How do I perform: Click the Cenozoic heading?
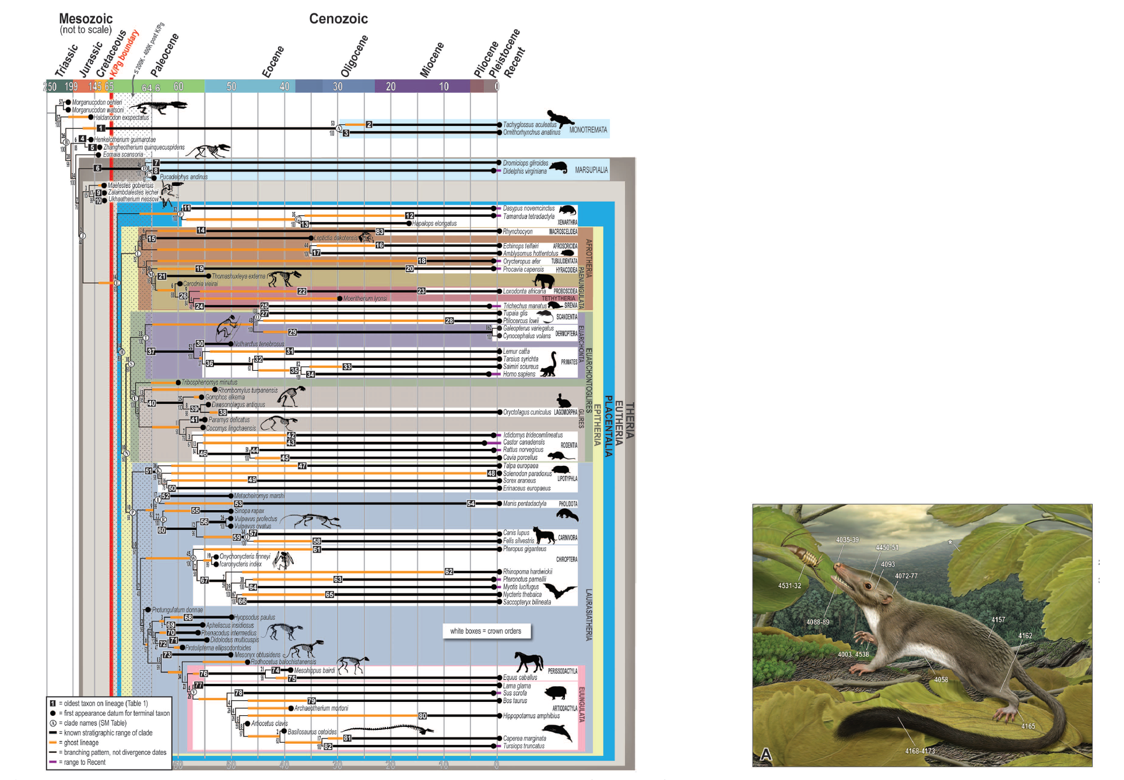point(338,19)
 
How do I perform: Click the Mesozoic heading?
point(86,19)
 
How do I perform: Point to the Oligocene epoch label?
point(354,56)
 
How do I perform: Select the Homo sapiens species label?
point(519,374)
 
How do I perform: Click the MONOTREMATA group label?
point(588,130)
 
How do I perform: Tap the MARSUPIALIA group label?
point(591,170)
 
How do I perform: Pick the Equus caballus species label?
point(520,677)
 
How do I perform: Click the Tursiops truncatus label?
point(524,746)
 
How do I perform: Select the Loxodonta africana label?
point(524,291)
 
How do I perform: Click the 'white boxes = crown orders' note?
point(486,631)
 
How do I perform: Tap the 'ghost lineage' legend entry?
point(81,743)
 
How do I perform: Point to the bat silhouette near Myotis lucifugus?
point(560,591)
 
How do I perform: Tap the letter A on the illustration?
point(765,755)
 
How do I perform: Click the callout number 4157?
point(998,620)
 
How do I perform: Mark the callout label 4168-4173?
point(919,751)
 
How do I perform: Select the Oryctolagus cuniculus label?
point(526,413)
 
